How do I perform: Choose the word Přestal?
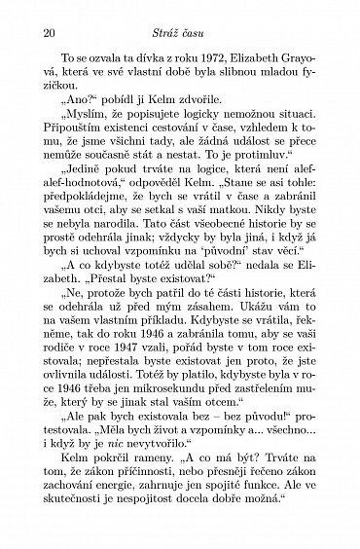(89, 310)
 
